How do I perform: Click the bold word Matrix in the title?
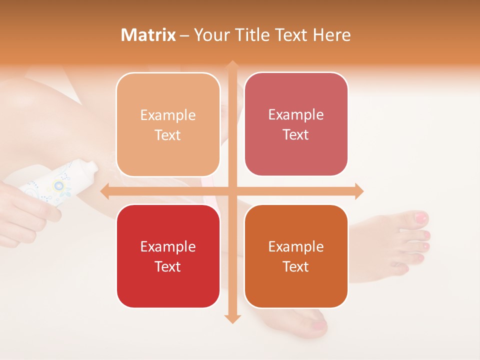point(148,35)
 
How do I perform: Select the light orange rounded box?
point(168,124)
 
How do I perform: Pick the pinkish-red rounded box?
point(296,124)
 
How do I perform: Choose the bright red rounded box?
point(168,256)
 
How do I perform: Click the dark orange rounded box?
point(296,256)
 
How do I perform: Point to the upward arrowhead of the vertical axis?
point(232,65)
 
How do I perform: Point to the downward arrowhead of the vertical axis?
point(232,318)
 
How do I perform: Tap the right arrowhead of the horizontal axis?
point(358,191)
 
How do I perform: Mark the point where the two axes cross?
point(232,191)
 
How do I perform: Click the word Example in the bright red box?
point(168,246)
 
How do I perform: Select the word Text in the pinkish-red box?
point(296,135)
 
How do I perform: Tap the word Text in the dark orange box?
point(296,266)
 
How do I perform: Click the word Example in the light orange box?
point(168,115)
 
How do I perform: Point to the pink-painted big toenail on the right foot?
point(421,218)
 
